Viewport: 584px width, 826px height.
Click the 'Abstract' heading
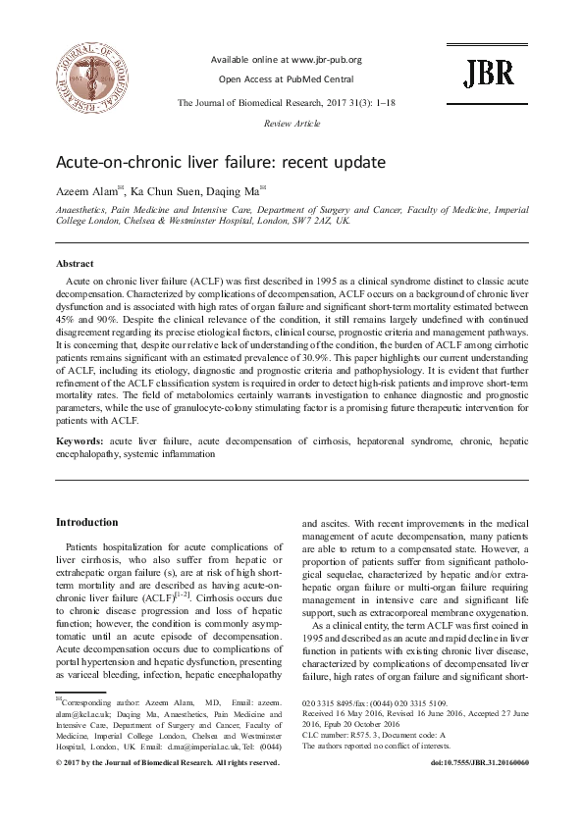point(75,265)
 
